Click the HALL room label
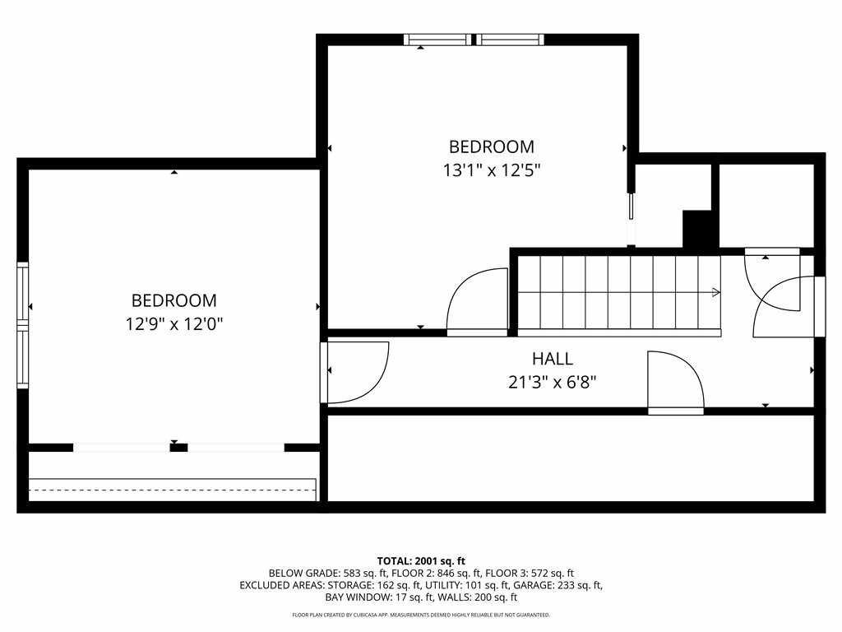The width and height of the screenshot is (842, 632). (552, 359)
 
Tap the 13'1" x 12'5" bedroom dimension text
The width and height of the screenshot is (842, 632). (492, 170)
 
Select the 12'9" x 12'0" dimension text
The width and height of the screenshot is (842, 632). (174, 324)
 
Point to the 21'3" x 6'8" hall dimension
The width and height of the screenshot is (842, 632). (552, 382)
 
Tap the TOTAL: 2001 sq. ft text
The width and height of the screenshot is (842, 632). (421, 561)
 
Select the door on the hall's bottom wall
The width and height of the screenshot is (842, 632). (676, 383)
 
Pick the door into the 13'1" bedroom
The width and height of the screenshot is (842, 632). (478, 301)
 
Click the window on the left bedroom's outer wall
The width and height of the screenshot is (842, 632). (22, 325)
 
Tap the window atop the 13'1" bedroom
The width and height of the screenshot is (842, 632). (474, 39)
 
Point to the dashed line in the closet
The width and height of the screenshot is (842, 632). (172, 490)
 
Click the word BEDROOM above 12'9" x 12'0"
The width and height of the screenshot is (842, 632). (174, 300)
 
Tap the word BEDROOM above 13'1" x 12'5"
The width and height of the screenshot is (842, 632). (492, 146)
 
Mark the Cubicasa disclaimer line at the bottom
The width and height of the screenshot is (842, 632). (421, 615)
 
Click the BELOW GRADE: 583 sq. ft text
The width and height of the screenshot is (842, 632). (327, 574)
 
